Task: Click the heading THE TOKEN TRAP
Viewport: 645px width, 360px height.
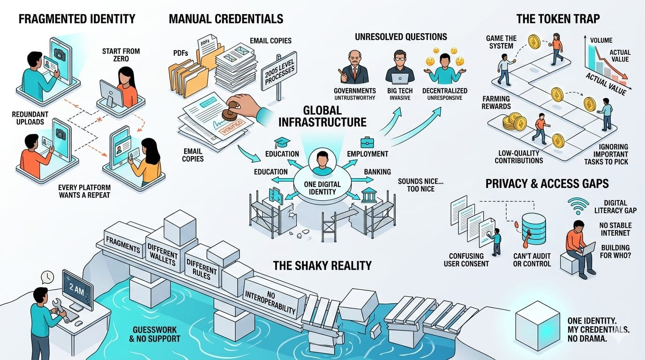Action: click(557, 19)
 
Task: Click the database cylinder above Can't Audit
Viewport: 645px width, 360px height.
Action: click(533, 230)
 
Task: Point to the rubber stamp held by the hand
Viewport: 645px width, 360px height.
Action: click(228, 111)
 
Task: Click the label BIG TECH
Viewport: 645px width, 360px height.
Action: click(399, 90)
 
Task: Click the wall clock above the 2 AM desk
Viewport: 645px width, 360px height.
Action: click(47, 277)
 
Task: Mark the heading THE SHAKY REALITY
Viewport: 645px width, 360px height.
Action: click(322, 265)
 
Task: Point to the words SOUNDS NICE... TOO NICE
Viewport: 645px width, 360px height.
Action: click(416, 185)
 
